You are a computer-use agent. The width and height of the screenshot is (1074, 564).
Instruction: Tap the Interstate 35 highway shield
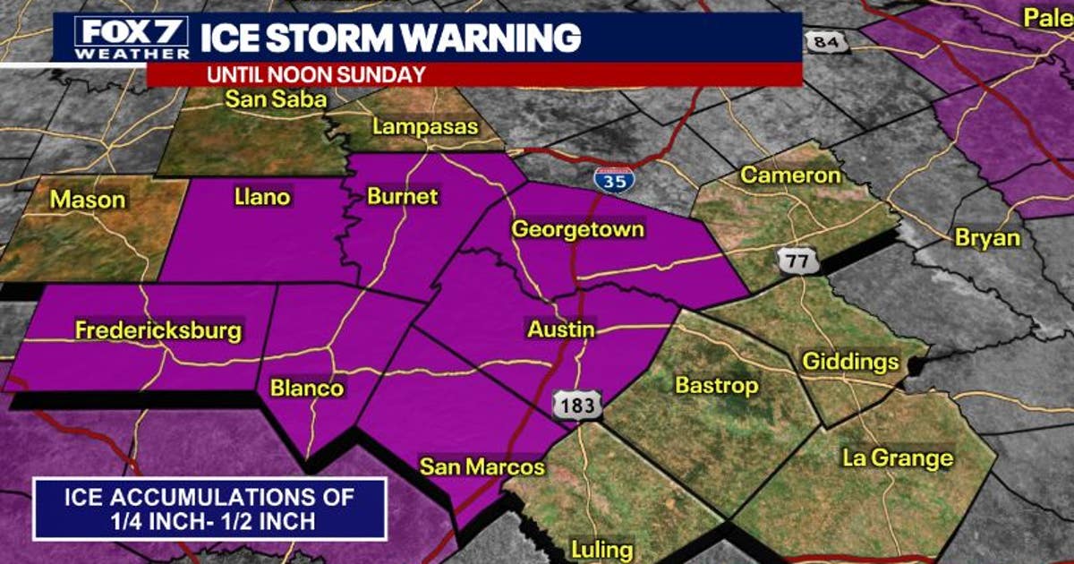(x=613, y=177)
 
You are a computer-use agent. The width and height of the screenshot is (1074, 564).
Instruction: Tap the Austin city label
(x=561, y=329)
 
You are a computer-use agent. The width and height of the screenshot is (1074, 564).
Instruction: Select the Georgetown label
(x=577, y=229)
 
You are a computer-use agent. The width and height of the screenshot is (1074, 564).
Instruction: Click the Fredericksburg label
(x=158, y=330)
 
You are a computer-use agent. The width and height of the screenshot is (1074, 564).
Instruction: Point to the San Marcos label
(x=482, y=466)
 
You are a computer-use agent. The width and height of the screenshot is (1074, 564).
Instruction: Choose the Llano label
(x=261, y=196)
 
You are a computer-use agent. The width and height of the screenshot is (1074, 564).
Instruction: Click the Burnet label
(x=403, y=196)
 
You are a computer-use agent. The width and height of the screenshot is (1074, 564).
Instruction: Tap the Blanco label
(x=307, y=388)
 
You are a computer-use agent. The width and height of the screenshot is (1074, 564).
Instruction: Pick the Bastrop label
(x=717, y=386)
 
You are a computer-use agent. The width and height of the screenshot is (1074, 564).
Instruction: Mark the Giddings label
(x=849, y=362)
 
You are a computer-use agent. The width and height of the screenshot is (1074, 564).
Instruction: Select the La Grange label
(x=898, y=458)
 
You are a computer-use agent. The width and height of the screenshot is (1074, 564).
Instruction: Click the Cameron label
(x=790, y=175)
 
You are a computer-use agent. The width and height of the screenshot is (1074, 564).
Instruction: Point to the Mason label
(x=88, y=199)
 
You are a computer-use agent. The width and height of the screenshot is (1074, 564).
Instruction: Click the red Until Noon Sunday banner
(x=473, y=75)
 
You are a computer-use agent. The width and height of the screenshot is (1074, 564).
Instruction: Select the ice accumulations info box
(x=210, y=508)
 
